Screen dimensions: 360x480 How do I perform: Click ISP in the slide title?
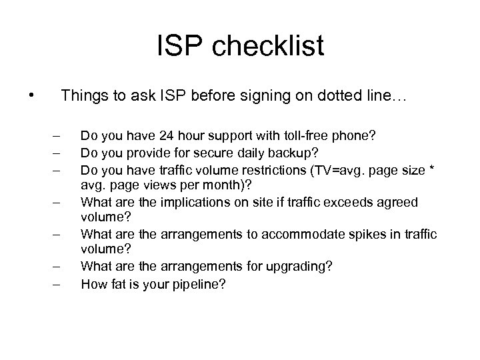pyautogui.click(x=177, y=47)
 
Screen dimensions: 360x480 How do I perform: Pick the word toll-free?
pyautogui.click(x=307, y=136)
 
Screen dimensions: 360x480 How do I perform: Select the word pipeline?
pyautogui.click(x=199, y=284)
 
